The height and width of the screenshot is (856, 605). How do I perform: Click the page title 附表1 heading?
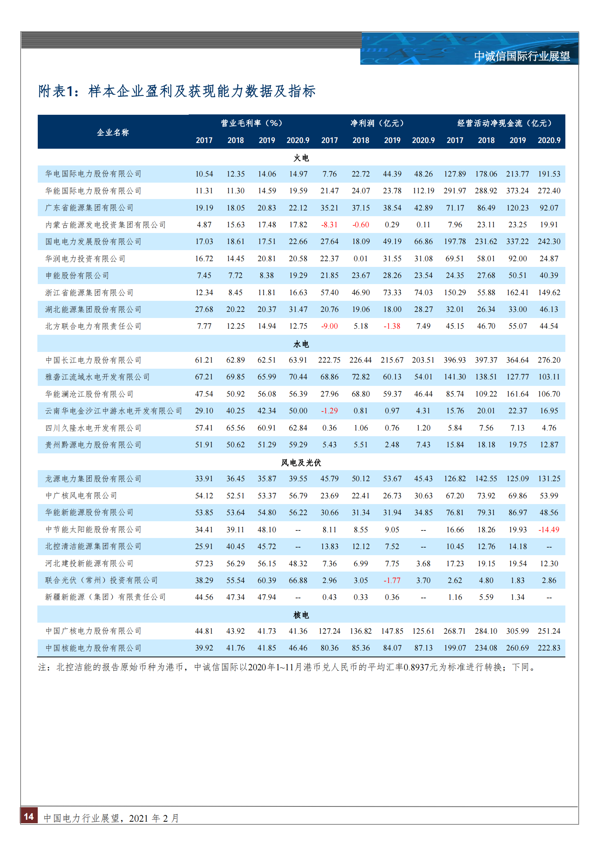point(177,91)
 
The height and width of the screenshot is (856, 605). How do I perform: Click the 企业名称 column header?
point(113,132)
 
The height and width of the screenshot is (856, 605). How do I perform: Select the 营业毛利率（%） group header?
point(251,123)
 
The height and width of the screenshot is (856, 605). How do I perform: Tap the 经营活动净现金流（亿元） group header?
point(504,123)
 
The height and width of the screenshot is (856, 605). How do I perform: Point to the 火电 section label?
point(301,158)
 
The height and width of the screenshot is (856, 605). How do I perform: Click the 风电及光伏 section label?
point(301,463)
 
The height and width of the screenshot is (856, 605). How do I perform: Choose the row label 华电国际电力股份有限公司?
point(93,174)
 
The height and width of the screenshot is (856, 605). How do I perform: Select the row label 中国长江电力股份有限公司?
point(93,360)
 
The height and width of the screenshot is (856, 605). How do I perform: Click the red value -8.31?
point(329,225)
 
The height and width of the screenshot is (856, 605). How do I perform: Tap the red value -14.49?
point(549,530)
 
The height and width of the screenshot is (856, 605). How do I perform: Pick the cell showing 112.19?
point(424,191)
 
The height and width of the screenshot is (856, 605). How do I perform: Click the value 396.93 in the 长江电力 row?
point(455,360)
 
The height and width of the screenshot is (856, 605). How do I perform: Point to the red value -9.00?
point(329,326)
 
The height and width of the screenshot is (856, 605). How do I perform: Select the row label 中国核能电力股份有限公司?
point(93,648)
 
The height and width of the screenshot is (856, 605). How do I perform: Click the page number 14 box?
point(29,816)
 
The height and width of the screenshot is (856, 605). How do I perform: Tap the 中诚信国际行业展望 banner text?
point(522,56)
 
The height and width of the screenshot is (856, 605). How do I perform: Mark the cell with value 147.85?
point(392,631)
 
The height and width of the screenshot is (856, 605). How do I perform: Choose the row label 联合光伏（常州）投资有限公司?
point(101,580)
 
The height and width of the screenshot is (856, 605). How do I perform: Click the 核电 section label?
point(301,615)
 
